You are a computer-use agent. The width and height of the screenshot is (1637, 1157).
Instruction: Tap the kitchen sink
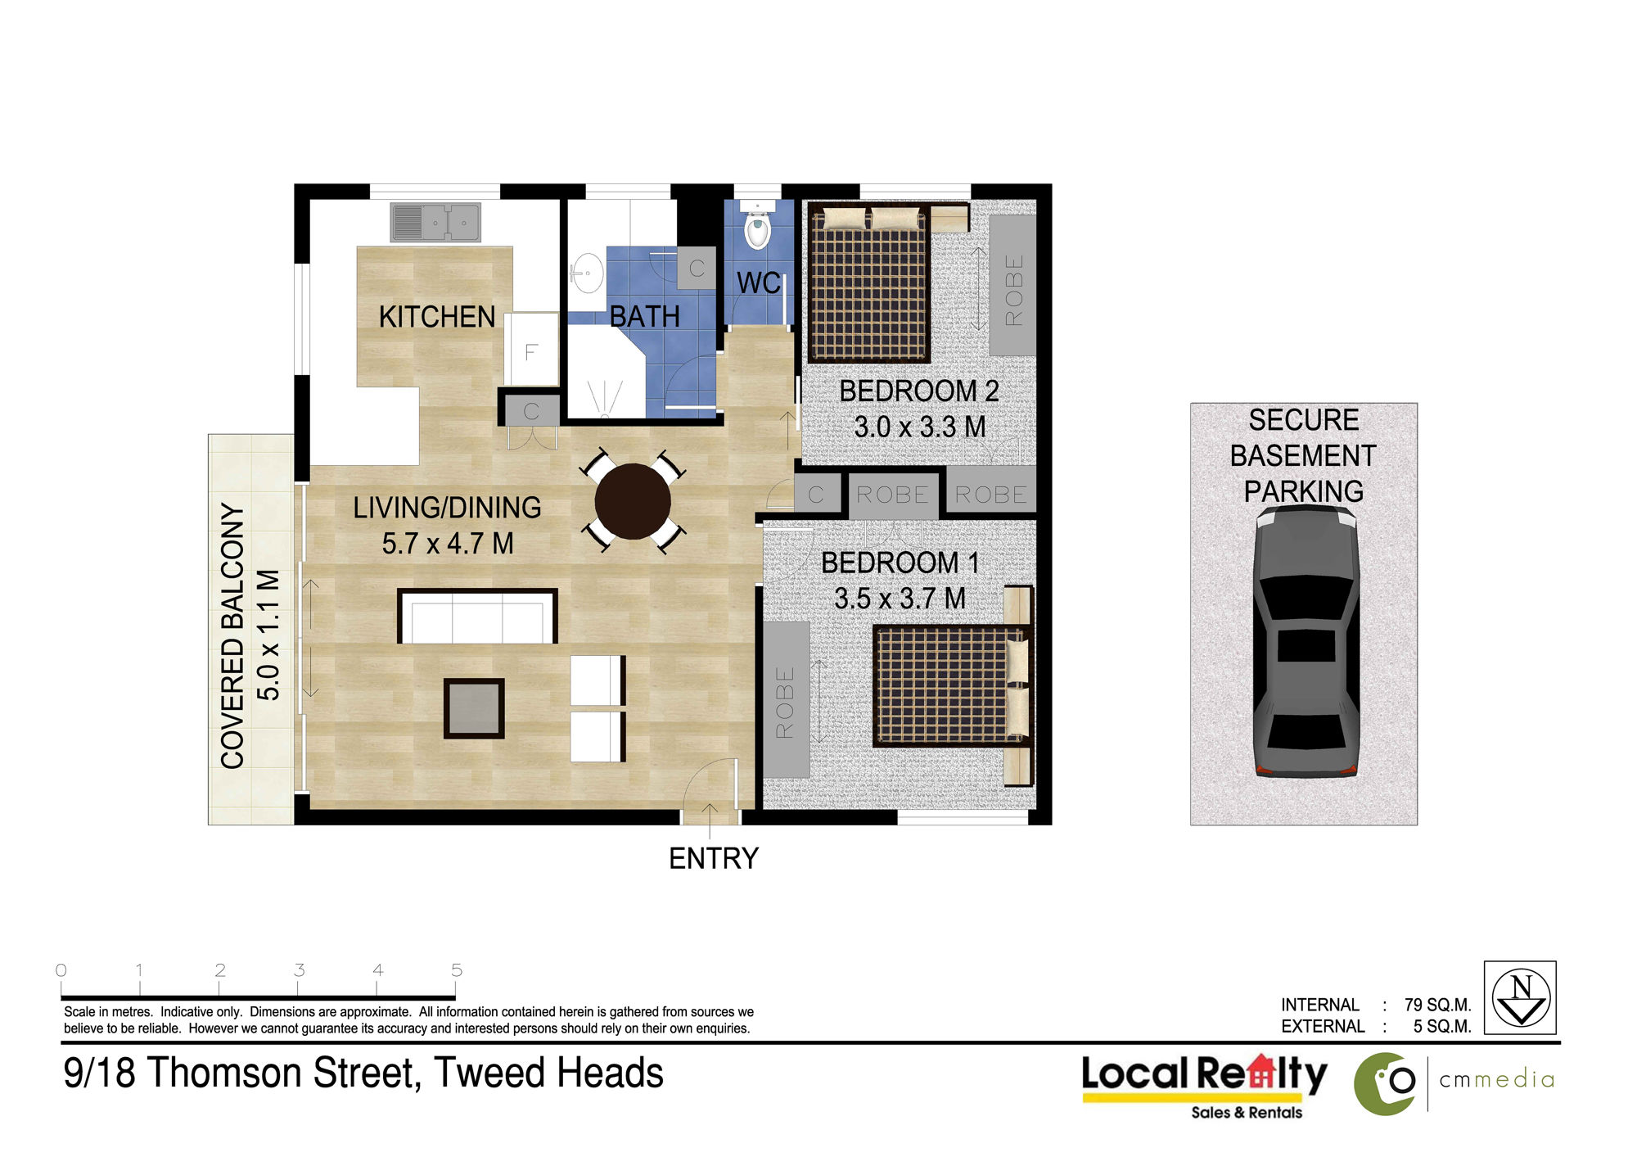435,222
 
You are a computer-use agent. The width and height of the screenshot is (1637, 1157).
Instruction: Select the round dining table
633,501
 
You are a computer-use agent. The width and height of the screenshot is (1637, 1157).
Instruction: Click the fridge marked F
531,350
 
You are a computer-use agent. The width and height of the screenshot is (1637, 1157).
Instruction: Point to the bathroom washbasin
586,273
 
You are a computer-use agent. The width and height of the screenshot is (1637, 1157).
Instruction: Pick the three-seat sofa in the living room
477,616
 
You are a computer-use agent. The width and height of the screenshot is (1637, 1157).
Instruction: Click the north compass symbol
1520,997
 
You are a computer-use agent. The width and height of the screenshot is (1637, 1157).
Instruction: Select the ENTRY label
714,858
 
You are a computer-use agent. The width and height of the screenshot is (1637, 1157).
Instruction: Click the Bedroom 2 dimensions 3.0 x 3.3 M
920,427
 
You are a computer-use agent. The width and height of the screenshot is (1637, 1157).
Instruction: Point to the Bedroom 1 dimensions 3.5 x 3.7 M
900,599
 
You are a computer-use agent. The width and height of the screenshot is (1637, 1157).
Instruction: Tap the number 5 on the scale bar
457,970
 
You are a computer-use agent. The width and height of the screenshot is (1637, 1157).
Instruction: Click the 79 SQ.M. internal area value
1438,1005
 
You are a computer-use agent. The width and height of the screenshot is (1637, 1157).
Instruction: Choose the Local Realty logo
1205,1085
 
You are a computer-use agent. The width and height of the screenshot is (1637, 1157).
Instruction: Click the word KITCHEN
437,317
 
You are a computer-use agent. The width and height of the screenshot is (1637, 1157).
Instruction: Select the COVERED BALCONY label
232,636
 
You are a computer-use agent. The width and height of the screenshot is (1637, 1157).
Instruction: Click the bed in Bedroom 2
869,282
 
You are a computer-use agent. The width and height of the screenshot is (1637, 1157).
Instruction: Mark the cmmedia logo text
1496,1080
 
